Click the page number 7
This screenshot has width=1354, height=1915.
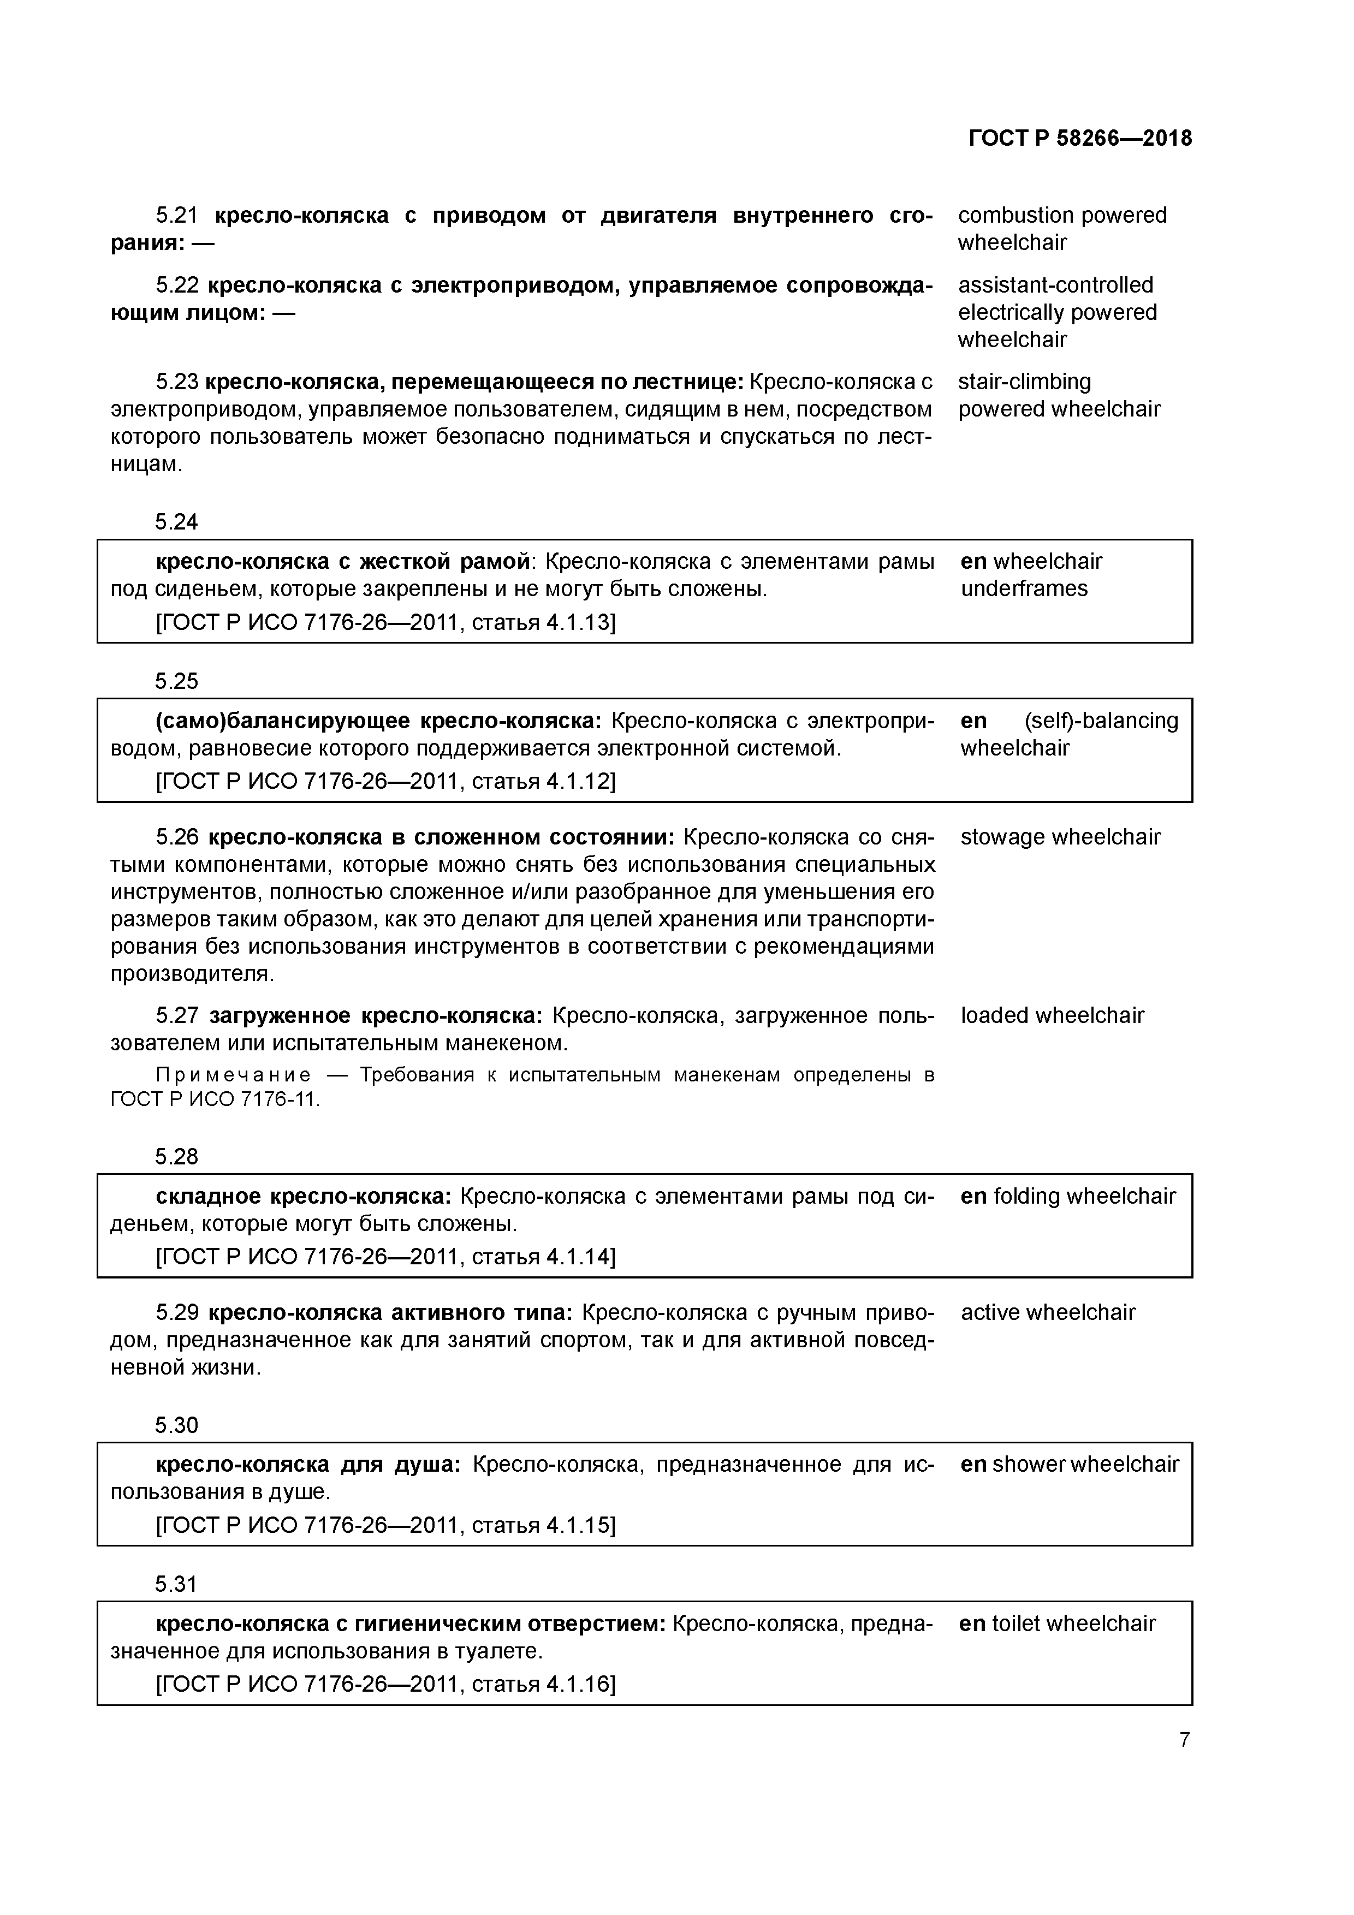pos(1184,1740)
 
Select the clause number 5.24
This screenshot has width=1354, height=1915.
pos(176,522)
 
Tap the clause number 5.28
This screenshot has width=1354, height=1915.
pos(176,1157)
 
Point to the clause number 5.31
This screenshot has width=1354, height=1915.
pos(176,1583)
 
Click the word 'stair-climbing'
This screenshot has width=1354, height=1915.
pos(1024,382)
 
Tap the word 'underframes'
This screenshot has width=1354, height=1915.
pos(1024,589)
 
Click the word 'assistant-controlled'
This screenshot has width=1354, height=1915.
pos(1055,286)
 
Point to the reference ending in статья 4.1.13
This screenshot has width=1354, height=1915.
pos(385,622)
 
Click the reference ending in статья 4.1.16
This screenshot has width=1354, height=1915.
pos(385,1684)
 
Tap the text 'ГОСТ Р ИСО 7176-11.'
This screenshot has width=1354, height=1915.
pos(215,1100)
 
